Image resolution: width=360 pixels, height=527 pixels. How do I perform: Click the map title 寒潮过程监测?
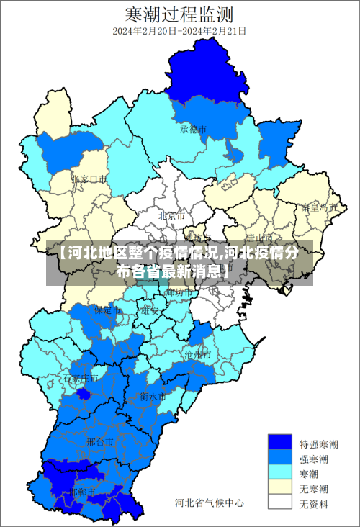179,13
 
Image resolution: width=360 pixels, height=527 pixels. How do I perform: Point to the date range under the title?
179,32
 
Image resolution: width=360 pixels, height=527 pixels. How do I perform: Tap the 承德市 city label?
194,130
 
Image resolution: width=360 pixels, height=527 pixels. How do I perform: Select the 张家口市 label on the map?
90,178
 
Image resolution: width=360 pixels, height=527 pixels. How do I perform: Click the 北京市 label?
171,215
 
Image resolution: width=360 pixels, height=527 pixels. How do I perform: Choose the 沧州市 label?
197,355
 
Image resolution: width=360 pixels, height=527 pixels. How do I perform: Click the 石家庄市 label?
80,378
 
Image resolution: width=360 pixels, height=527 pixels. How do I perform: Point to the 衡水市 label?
153,397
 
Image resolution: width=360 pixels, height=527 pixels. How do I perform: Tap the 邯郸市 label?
83,492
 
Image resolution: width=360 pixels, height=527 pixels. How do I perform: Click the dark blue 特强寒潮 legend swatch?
280,443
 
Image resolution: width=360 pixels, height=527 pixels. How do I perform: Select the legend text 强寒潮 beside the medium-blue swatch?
315,459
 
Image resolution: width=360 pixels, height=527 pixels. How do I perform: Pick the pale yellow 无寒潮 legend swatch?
280,487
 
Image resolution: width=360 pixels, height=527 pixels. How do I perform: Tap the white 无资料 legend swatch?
280,503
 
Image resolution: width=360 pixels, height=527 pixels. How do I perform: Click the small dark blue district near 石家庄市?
84,393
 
